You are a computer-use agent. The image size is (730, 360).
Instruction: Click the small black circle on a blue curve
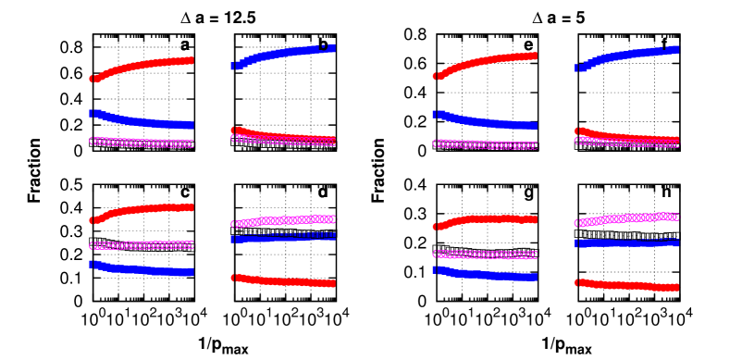click(x=323, y=45)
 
